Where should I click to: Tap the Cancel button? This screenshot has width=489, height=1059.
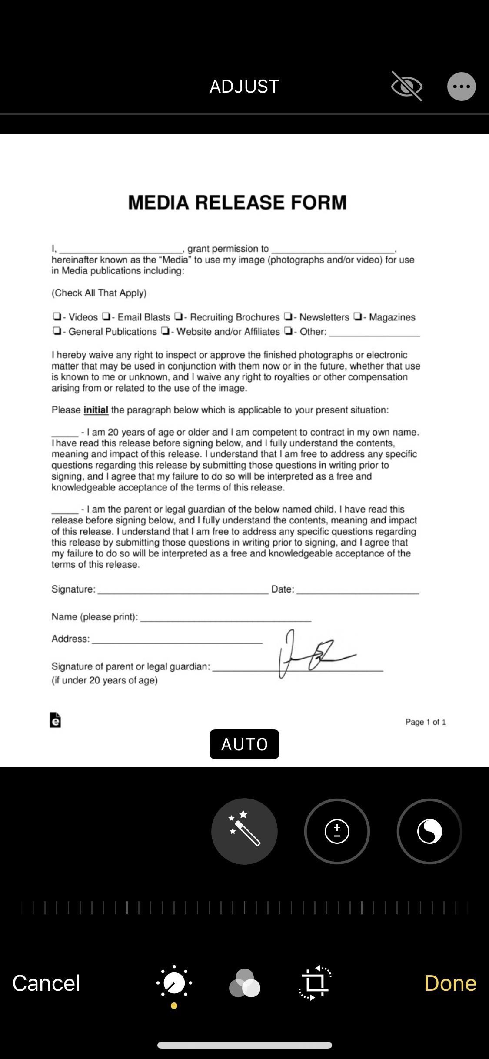click(x=46, y=983)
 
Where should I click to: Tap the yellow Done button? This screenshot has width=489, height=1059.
click(x=450, y=983)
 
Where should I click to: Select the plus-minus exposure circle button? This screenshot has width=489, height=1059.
click(x=337, y=831)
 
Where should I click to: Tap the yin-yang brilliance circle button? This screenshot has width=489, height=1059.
click(x=429, y=831)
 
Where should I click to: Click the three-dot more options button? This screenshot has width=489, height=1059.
click(x=461, y=87)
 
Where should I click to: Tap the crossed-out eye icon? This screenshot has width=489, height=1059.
click(x=406, y=87)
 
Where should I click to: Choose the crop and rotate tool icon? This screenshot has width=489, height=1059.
click(x=315, y=983)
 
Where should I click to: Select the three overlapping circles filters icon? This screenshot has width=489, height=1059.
click(x=244, y=983)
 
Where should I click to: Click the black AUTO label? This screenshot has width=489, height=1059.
click(x=244, y=744)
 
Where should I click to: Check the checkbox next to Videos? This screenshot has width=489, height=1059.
click(x=57, y=316)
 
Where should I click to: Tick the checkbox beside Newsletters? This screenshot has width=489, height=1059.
click(x=288, y=316)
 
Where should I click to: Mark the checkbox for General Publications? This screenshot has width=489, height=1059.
click(x=57, y=331)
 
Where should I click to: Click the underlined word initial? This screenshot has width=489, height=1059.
click(x=96, y=410)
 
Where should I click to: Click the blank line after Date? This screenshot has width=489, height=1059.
click(x=357, y=590)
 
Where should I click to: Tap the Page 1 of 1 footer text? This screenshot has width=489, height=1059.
click(x=425, y=722)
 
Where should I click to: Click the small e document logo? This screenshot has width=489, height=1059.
click(x=55, y=720)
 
